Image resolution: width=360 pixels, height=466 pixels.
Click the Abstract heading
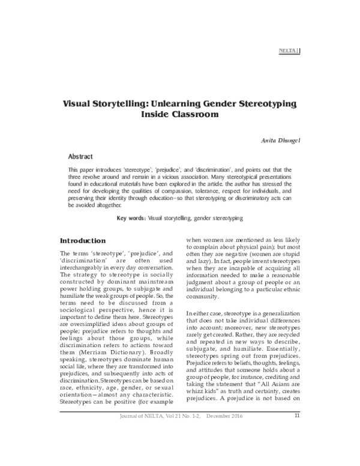[80, 155]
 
